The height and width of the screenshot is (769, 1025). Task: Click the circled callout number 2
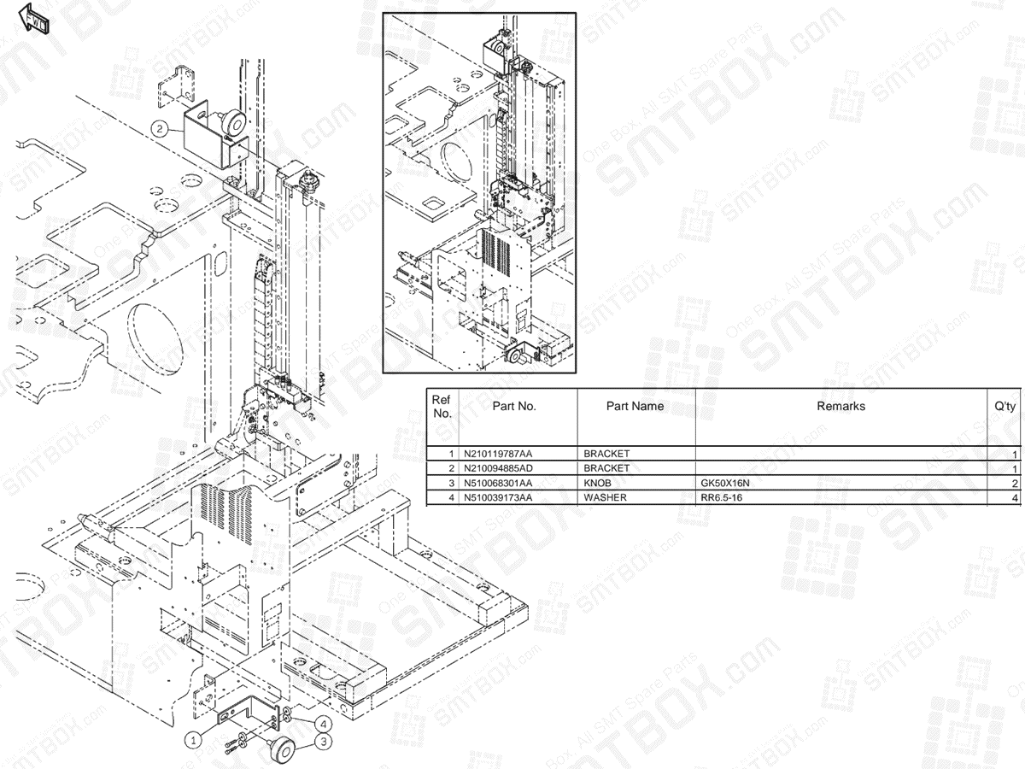tap(160, 129)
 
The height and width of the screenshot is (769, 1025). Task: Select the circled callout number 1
tap(195, 738)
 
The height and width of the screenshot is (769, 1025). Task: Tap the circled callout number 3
tap(325, 743)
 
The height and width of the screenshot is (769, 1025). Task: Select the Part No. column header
tap(514, 406)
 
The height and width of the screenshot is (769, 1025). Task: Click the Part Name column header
tap(635, 406)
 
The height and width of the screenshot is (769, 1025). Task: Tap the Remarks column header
tap(840, 406)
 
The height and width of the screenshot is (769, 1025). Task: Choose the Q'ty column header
tap(1004, 406)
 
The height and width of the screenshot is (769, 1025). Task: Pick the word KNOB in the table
tap(597, 483)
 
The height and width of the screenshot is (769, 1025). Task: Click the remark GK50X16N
tap(724, 483)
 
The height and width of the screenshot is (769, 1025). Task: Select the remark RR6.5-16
tap(721, 497)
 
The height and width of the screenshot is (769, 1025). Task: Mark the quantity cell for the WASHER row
tap(1014, 497)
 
